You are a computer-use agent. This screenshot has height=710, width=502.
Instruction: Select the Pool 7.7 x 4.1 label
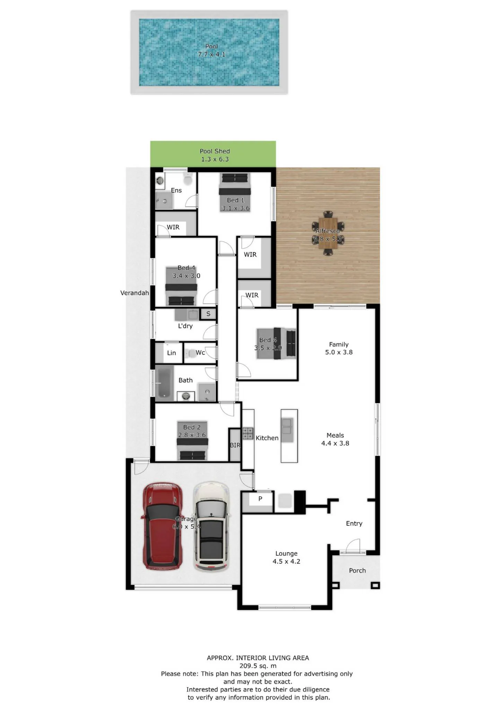pos(211,50)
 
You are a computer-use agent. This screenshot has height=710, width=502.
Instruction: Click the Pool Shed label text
pos(215,151)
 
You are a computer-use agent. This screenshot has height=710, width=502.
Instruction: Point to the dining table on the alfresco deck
pos(328,233)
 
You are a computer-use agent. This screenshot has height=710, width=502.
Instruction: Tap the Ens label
pos(176,190)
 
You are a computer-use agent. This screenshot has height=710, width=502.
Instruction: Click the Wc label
pos(200,353)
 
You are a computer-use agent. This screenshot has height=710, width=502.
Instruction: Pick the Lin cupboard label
pos(171,353)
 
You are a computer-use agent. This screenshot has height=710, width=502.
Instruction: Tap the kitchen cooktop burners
pos(248,433)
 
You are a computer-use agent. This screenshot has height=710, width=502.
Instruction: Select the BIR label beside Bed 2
pos(235,445)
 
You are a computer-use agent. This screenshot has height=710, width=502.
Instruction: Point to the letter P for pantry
pos(260,499)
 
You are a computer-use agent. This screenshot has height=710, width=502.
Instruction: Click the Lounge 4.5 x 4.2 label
pos(286,557)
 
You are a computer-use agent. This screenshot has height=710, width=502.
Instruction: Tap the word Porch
pos(357,570)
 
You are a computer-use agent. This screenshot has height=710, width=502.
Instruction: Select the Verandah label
pos(135,293)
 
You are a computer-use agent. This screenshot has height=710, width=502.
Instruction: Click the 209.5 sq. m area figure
pos(258,666)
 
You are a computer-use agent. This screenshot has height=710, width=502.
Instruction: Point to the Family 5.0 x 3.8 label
pos(339,348)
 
